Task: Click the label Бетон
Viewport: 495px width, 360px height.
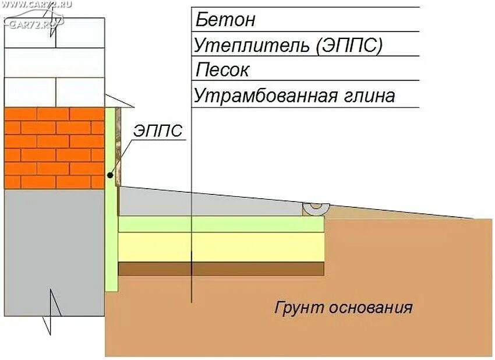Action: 225,20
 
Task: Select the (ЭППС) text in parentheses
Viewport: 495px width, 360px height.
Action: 349,45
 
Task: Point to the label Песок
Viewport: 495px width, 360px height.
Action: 222,70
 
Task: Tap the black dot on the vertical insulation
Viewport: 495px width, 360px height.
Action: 110,175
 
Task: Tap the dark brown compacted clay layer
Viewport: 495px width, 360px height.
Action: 221,269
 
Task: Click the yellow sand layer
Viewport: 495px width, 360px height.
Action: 221,247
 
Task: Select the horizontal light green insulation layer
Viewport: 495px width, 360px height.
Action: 221,224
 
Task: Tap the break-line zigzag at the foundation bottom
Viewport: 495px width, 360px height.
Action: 52,312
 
